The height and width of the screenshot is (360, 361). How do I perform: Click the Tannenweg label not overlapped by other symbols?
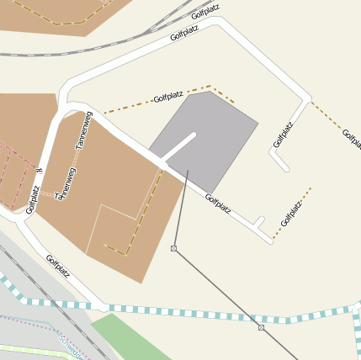point(82,131)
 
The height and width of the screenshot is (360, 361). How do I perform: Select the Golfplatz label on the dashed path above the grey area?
point(168,97)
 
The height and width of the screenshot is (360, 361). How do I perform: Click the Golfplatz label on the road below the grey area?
point(218,203)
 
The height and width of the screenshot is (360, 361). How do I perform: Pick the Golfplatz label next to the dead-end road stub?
point(284,135)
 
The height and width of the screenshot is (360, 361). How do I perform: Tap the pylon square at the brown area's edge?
point(173,248)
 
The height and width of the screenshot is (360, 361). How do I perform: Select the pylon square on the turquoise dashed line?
point(262,326)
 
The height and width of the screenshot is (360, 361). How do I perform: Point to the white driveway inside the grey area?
point(179,146)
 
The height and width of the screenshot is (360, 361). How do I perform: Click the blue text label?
point(72,346)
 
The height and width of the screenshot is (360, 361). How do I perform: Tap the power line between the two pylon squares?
point(217,288)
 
